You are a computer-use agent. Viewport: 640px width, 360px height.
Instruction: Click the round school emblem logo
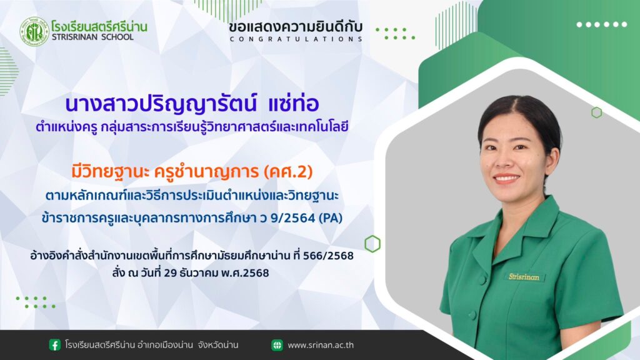pos(34,32)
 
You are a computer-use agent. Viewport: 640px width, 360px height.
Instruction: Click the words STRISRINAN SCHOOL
pos(92,37)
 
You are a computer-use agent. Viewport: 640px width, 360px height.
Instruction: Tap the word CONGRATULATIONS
pos(296,39)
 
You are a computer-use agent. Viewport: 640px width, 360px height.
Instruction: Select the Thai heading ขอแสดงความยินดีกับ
pos(296,27)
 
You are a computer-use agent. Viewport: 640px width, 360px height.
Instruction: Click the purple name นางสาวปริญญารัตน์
pos(161,104)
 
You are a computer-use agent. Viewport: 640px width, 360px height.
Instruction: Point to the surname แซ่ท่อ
pos(294,104)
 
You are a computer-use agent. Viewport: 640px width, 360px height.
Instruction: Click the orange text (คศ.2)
pos(288,172)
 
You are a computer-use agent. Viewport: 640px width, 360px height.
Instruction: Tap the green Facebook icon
pos(55,345)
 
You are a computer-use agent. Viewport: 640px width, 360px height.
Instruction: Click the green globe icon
pos(277,345)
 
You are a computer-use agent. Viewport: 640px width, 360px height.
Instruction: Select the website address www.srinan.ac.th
pos(321,345)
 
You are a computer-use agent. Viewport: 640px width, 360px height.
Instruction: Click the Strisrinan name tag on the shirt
pos(524,277)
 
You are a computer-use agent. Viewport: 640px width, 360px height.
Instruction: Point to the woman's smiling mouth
pos(506,178)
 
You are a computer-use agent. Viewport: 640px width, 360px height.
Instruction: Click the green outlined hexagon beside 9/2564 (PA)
pos(372,244)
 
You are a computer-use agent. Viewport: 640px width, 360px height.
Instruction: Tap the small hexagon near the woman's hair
pos(597,112)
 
